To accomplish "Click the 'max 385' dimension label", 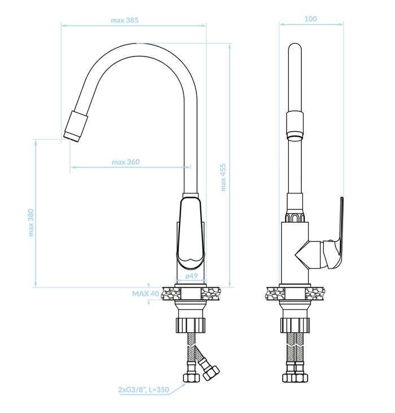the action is click(124, 20).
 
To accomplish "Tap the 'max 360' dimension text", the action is click(126, 162).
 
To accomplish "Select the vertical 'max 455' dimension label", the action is click(223, 177).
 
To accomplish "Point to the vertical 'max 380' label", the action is click(31, 223).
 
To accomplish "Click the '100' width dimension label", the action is click(310, 19).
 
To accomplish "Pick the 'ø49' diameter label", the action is click(191, 276).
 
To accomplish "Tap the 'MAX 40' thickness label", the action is click(146, 294).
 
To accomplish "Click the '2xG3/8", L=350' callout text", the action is click(143, 390).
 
